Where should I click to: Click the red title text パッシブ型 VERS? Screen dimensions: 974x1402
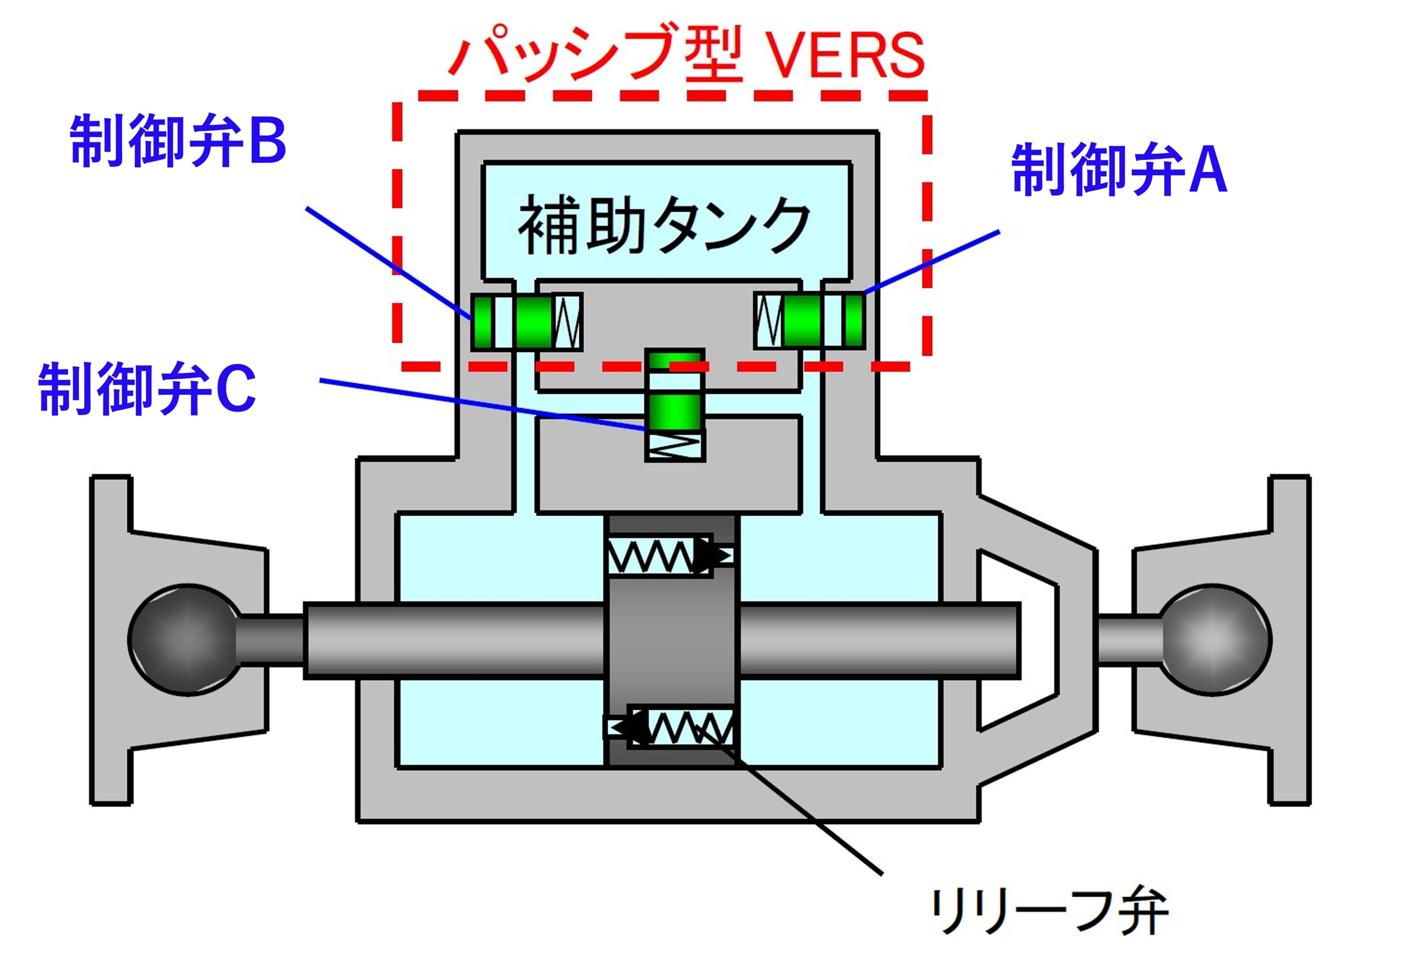click(686, 55)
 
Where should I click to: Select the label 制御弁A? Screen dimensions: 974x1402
click(1118, 169)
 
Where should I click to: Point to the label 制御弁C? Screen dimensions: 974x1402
click(146, 389)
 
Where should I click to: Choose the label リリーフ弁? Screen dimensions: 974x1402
click(1048, 912)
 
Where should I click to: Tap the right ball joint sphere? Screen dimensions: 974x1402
click(1215, 640)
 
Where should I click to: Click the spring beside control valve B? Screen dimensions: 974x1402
click(567, 321)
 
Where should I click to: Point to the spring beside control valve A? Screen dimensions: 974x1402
click(768, 321)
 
